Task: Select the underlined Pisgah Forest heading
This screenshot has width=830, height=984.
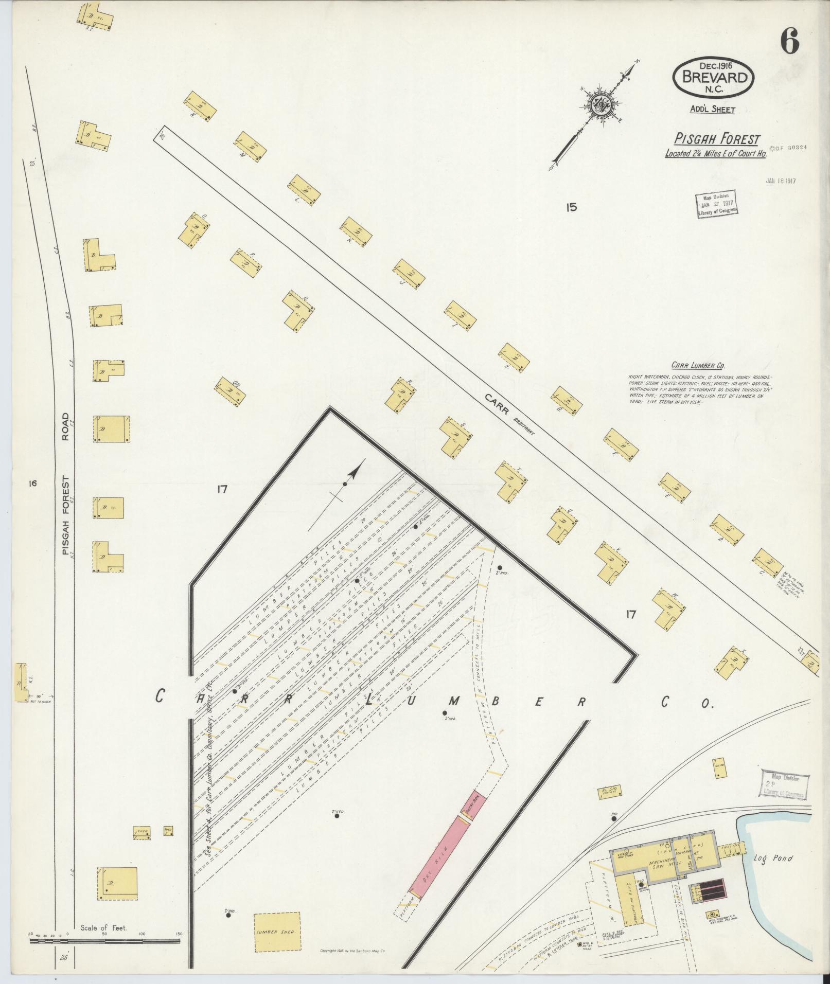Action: click(x=717, y=139)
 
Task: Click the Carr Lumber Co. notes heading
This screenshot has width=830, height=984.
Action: click(x=698, y=366)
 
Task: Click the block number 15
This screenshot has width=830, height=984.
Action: click(x=570, y=207)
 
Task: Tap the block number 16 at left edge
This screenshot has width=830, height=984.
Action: click(x=33, y=483)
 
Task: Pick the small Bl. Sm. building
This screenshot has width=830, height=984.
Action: click(x=611, y=807)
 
